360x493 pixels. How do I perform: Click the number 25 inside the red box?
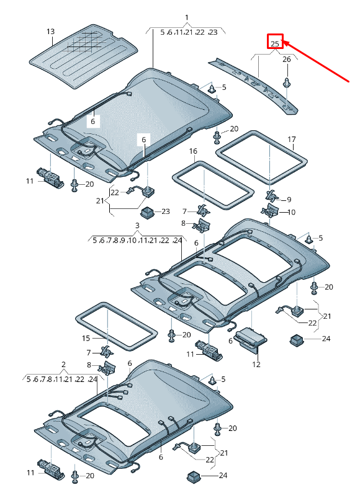coord(275,43)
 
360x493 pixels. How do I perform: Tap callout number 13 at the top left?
coord(50,32)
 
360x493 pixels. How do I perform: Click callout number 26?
coord(286,60)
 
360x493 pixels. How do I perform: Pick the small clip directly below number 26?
coord(287,82)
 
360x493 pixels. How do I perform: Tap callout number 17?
coord(291,140)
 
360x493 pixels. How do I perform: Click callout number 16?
coord(193,151)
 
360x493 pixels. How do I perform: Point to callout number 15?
coord(86,339)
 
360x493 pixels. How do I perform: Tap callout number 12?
coord(256,365)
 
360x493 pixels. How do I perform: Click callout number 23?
coord(165,211)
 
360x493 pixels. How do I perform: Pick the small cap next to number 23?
coord(147,213)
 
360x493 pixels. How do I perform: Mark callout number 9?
coord(287,199)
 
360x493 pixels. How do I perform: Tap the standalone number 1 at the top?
coord(187,17)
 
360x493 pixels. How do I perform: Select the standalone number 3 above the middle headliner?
coord(137,226)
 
